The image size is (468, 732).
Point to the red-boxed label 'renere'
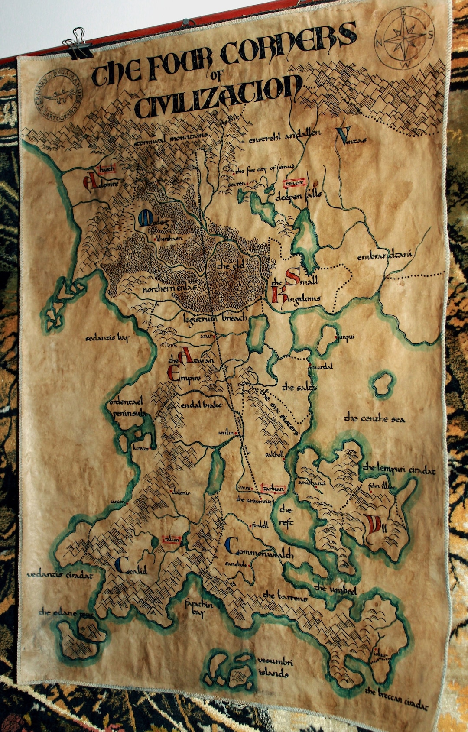click(x=295, y=183)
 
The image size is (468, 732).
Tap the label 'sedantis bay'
click(x=107, y=338)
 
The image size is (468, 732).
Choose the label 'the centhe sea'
click(x=374, y=419)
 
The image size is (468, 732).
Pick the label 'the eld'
click(x=231, y=266)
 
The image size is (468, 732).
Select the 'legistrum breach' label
click(x=214, y=317)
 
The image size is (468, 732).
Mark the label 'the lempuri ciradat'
click(x=399, y=469)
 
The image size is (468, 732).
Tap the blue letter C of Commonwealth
click(x=232, y=547)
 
